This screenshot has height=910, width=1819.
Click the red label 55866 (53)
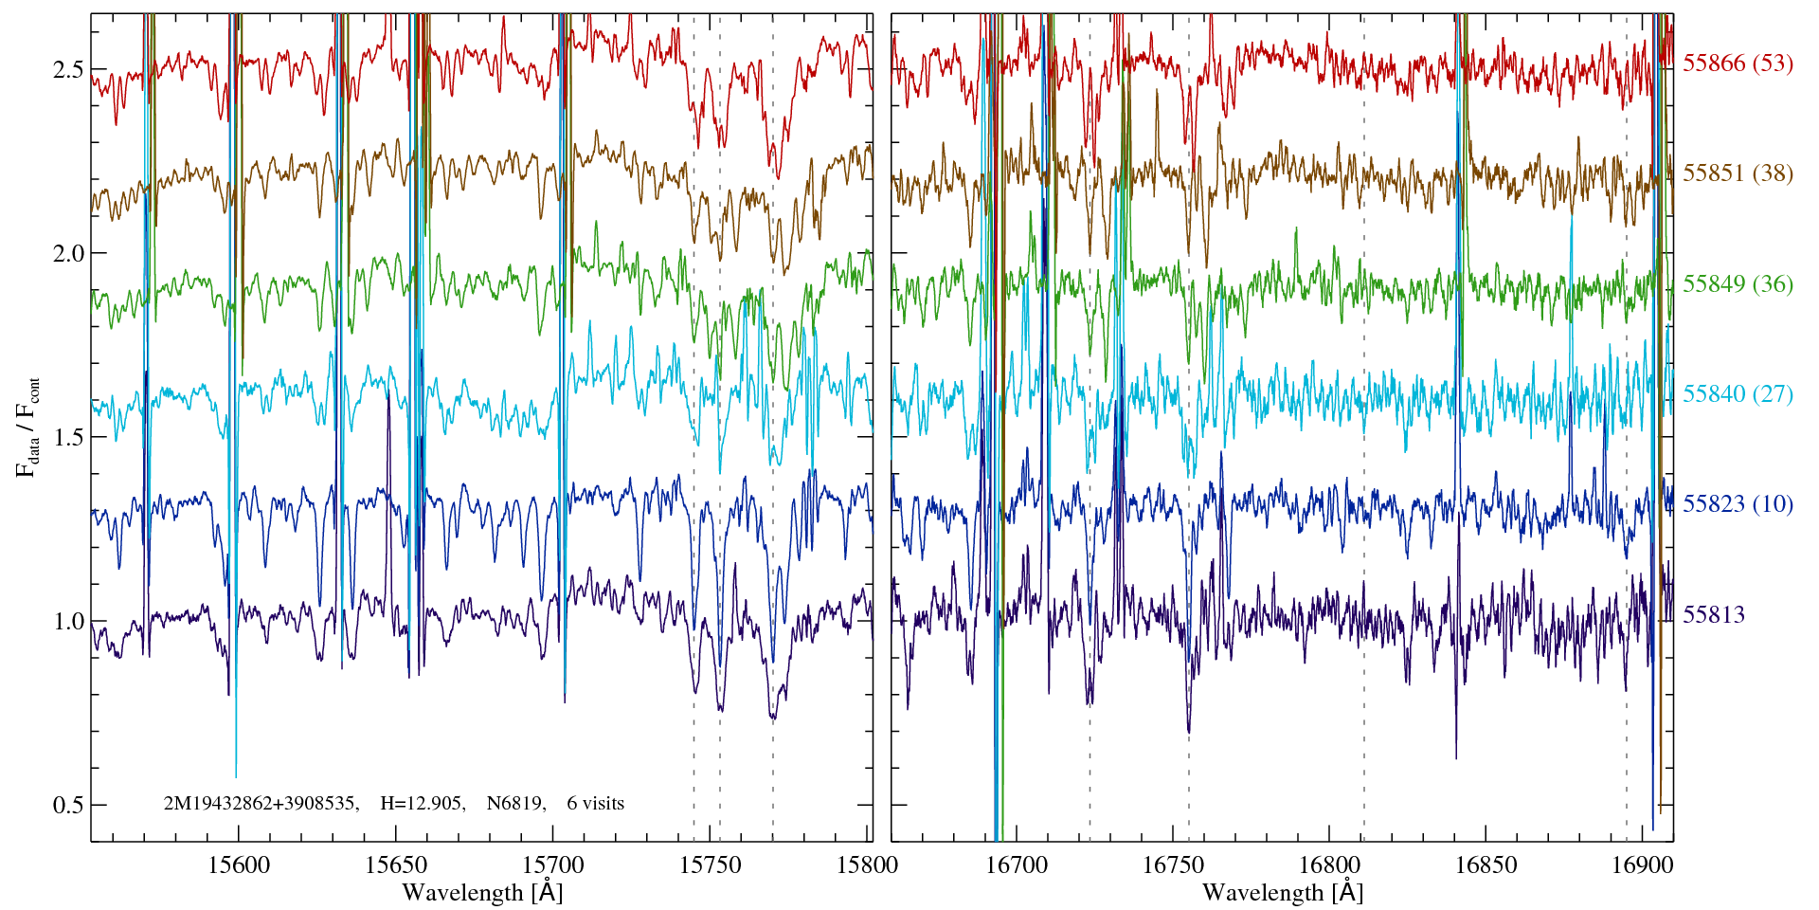tap(1738, 64)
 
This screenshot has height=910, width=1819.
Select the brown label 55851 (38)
tap(1738, 173)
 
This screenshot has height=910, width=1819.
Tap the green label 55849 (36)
tap(1738, 284)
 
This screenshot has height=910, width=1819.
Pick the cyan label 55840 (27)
tap(1738, 394)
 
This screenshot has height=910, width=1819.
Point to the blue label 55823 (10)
tap(1738, 504)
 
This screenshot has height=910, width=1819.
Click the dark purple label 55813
tap(1713, 615)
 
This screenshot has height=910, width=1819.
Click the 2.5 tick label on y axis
tap(67, 70)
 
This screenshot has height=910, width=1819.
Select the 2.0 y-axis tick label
tap(67, 254)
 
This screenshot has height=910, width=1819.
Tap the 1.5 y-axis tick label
tap(67, 438)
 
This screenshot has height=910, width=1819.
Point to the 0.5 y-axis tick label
tap(67, 805)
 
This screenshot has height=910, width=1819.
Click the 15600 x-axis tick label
tap(238, 865)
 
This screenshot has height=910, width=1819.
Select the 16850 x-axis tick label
tap(1485, 865)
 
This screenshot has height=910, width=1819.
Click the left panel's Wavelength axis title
tap(482, 893)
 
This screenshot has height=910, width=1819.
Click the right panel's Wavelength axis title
tap(1283, 893)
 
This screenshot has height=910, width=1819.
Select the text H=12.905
tap(422, 804)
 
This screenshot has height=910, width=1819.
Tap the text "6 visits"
tap(596, 804)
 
